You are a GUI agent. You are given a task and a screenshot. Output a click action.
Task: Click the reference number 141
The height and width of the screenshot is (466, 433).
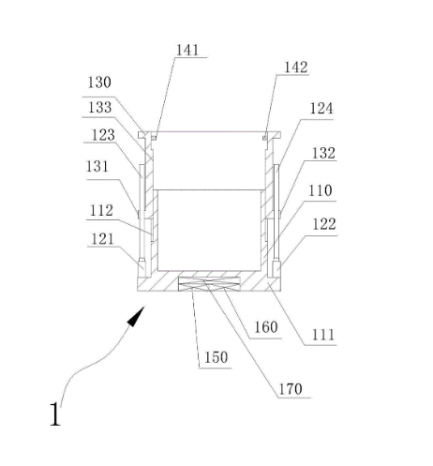pyautogui.click(x=187, y=51)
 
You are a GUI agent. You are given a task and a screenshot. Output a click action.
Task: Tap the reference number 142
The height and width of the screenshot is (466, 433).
pyautogui.click(x=295, y=68)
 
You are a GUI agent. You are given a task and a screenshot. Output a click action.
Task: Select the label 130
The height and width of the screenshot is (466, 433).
pyautogui.click(x=99, y=83)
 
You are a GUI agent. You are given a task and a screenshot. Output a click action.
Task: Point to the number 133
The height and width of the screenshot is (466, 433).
pyautogui.click(x=100, y=108)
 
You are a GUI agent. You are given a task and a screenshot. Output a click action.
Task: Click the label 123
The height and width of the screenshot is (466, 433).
pyautogui.click(x=103, y=135)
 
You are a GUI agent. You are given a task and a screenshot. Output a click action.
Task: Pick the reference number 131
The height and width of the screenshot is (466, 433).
pyautogui.click(x=97, y=167)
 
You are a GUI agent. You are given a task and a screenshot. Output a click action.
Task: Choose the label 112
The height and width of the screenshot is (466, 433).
pyautogui.click(x=101, y=211)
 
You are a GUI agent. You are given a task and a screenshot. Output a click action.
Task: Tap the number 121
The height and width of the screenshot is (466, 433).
pyautogui.click(x=102, y=239)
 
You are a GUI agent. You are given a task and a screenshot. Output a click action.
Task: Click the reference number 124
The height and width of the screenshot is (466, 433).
pyautogui.click(x=321, y=109)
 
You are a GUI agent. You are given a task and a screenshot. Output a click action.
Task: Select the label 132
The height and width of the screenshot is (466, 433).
pyautogui.click(x=323, y=153)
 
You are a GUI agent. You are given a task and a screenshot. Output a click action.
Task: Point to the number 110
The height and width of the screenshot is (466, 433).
pyautogui.click(x=321, y=190)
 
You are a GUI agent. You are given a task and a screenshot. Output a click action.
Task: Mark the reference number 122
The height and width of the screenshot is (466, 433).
pyautogui.click(x=324, y=224)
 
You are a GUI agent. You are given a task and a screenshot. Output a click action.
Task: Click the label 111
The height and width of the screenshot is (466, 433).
pyautogui.click(x=323, y=335)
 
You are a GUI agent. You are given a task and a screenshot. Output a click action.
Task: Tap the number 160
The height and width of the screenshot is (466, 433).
pyautogui.click(x=266, y=327)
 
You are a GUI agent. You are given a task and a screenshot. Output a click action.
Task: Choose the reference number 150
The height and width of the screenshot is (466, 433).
pyautogui.click(x=216, y=357)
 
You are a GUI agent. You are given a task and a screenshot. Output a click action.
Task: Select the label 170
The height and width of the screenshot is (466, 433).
pyautogui.click(x=291, y=389)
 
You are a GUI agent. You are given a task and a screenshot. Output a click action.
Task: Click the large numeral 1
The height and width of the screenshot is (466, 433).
pyautogui.click(x=55, y=414)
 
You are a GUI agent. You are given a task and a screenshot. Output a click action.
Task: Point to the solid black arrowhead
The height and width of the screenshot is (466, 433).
pyautogui.click(x=136, y=317)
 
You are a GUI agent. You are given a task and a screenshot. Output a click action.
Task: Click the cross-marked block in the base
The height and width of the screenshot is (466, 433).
pyautogui.click(x=209, y=284)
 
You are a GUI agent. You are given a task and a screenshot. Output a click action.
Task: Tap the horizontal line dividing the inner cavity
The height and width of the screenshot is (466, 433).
pyautogui.click(x=209, y=189)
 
